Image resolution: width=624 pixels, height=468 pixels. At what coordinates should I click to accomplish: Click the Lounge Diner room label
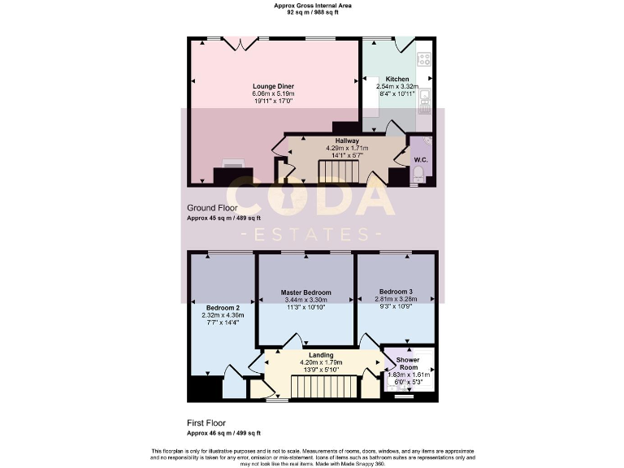(x=273, y=86)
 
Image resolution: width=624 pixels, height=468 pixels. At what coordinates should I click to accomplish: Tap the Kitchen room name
(x=396, y=79)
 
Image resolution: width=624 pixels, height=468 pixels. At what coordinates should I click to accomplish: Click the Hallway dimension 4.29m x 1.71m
(x=347, y=148)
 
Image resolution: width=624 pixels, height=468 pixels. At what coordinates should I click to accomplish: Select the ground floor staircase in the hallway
(x=332, y=171)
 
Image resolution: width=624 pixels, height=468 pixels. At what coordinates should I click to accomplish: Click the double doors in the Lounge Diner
(x=242, y=43)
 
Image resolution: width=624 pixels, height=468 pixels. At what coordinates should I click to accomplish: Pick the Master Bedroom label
(x=306, y=292)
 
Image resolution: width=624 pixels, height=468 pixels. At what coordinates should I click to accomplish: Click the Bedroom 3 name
(x=396, y=292)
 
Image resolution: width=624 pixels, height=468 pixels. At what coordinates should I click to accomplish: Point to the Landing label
(x=321, y=355)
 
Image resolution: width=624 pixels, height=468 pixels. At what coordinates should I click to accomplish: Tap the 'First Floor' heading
(x=207, y=423)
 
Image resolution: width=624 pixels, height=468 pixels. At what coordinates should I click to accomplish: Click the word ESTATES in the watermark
(x=311, y=235)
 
